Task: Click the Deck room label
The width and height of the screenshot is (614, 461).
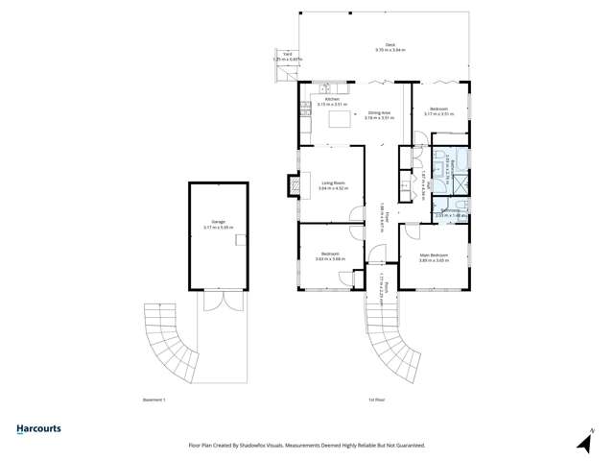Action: pyautogui.click(x=390, y=45)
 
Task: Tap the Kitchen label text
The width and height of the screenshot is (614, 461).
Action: pyautogui.click(x=332, y=99)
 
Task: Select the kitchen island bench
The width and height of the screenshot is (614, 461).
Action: pyautogui.click(x=341, y=119)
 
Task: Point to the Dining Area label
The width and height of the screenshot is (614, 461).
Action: pyautogui.click(x=379, y=112)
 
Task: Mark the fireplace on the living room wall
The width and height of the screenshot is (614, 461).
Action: pyautogui.click(x=294, y=183)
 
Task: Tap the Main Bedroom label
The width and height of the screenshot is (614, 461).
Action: pyautogui.click(x=434, y=255)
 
